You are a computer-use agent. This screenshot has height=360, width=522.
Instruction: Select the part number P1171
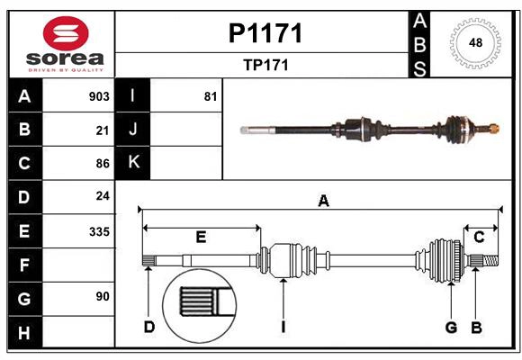tap(265, 33)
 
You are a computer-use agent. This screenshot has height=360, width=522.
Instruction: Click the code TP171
tap(265, 65)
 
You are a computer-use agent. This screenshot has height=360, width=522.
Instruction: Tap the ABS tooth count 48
tap(475, 42)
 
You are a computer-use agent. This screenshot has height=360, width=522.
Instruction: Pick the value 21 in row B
tap(102, 130)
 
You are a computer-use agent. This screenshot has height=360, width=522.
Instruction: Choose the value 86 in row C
tap(102, 163)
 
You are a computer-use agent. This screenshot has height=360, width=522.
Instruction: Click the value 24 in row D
tap(102, 195)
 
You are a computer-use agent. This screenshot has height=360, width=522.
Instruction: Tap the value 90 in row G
tap(102, 296)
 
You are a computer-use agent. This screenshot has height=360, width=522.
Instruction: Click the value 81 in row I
tap(211, 96)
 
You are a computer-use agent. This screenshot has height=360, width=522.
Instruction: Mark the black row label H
tap(24, 333)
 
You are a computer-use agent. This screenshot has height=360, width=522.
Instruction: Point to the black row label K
tap(133, 163)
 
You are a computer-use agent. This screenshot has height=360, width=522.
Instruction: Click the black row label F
tap(24, 265)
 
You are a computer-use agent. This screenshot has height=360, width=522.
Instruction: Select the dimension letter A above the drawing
tap(323, 202)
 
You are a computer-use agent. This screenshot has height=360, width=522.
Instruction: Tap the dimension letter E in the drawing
tap(201, 237)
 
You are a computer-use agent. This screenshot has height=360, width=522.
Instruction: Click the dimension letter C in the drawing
tap(479, 237)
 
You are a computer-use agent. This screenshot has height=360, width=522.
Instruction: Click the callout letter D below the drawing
tap(148, 327)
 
